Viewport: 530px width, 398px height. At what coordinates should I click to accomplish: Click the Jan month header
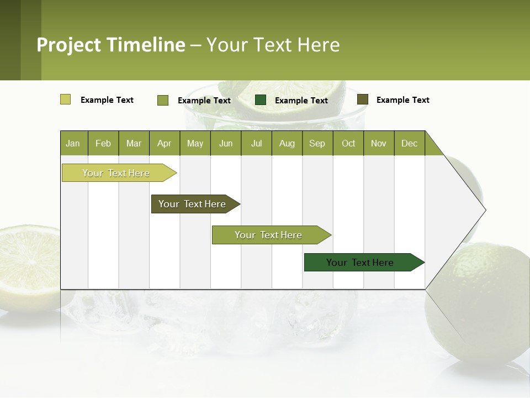73,143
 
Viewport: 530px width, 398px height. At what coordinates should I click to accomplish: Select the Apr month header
164,143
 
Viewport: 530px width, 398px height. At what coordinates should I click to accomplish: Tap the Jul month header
256,143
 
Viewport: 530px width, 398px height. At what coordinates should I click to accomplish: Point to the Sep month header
317,143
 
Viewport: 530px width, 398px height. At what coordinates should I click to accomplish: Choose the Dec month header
409,143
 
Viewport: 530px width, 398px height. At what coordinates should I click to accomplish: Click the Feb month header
103,143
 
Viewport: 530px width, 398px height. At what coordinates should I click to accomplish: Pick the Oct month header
348,143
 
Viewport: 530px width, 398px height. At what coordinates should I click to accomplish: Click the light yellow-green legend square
66,99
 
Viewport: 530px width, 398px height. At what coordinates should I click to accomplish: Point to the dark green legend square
261,100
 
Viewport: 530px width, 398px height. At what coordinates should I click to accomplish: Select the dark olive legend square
363,99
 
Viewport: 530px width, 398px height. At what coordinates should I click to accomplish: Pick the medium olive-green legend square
163,100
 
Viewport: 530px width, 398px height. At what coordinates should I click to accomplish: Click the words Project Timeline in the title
111,45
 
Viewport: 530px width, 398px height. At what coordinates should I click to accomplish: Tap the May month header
195,143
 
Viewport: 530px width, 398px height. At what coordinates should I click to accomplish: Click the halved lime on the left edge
28,265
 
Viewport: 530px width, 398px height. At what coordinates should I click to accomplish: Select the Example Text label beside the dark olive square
402,100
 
